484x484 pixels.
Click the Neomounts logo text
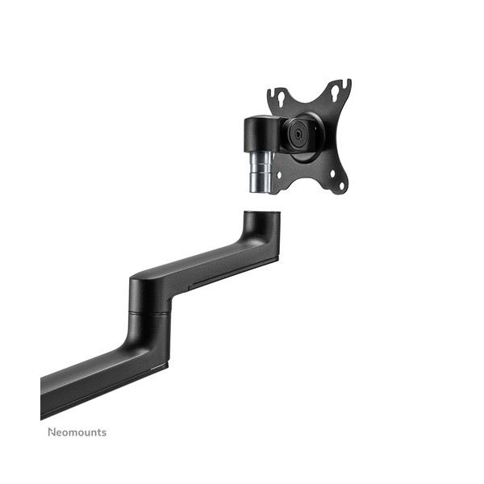[77, 432]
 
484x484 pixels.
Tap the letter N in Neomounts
[52, 432]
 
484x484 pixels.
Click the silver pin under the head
[261, 172]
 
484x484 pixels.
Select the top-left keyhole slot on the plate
[282, 96]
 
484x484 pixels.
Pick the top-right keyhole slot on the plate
[336, 92]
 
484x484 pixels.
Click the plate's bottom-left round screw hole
[279, 175]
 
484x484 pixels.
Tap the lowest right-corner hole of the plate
[342, 186]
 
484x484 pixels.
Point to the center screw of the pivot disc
[297, 134]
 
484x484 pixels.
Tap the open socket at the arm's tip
[261, 213]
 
